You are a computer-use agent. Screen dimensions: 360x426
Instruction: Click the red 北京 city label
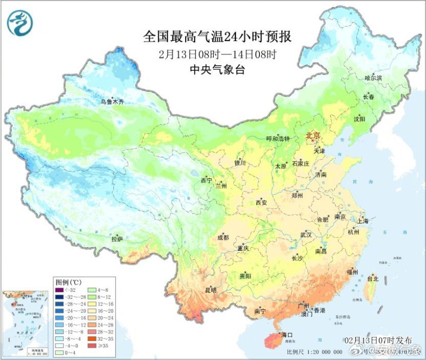313,136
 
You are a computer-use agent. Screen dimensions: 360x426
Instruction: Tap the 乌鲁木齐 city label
112,102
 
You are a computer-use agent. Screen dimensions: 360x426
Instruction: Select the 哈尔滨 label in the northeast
373,77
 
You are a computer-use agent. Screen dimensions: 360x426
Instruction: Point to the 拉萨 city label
117,239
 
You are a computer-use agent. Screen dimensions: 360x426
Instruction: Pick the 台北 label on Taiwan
372,279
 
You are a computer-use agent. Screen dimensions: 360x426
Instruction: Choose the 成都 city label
222,237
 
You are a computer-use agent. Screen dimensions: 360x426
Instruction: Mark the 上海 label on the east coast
362,221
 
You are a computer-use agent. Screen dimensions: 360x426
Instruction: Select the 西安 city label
261,203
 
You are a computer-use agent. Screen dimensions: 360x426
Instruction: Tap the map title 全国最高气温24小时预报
217,37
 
